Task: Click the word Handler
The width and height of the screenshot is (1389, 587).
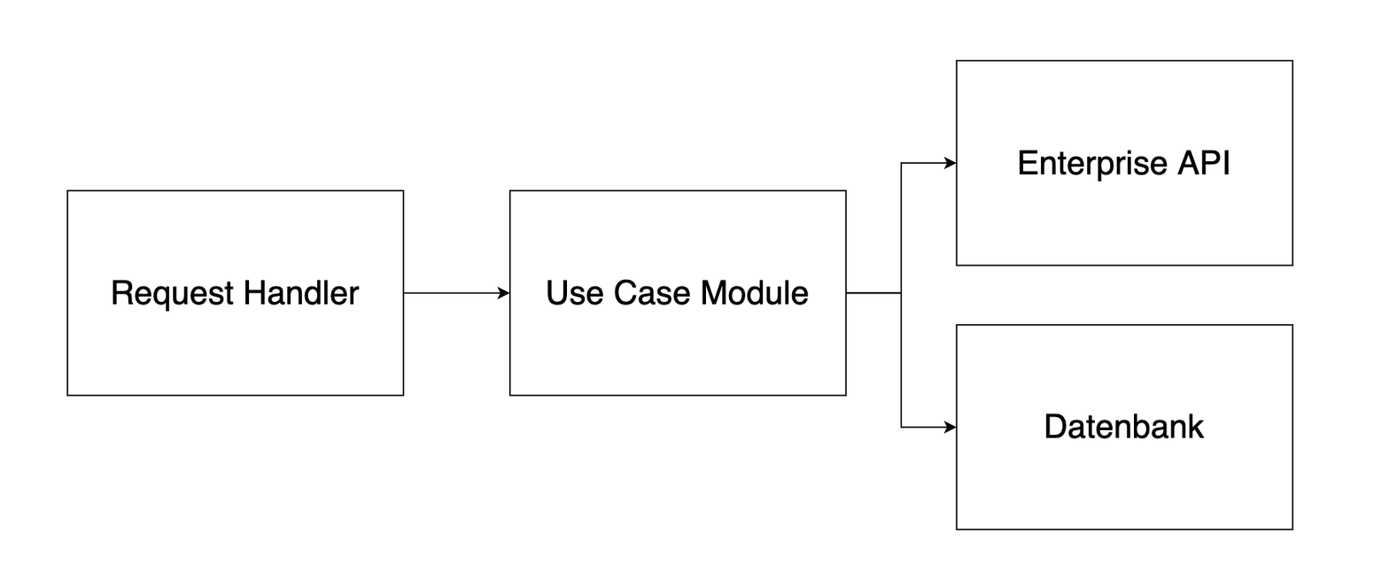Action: tap(301, 293)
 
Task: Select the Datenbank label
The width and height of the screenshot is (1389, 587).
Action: tap(1123, 427)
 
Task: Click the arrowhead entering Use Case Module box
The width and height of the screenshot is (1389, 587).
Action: tap(505, 293)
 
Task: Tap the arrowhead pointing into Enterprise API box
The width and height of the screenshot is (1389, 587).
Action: tap(951, 163)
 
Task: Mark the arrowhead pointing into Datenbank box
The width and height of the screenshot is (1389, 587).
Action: tap(951, 427)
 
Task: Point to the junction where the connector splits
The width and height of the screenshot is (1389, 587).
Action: tap(901, 292)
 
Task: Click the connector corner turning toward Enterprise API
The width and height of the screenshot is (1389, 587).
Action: tap(901, 163)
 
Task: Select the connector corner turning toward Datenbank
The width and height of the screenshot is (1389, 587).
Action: tap(901, 427)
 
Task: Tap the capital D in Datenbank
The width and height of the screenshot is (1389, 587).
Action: tap(1054, 427)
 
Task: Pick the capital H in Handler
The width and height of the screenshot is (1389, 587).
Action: tap(253, 293)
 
